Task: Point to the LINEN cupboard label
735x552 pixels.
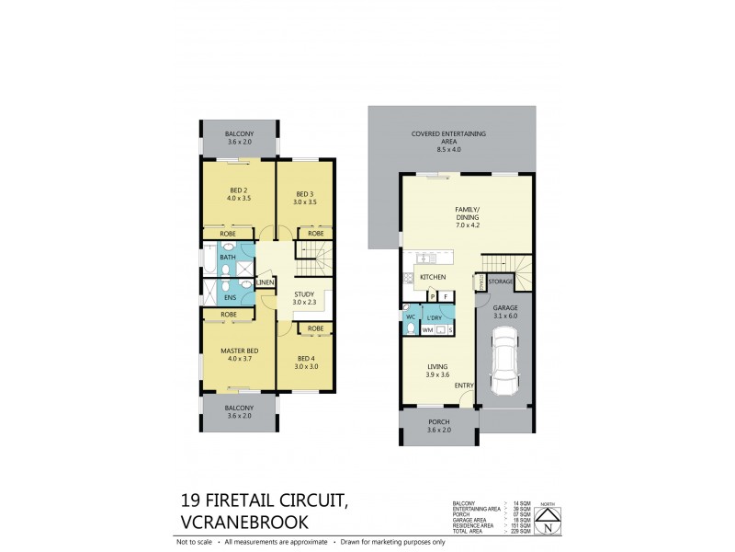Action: pyautogui.click(x=265, y=282)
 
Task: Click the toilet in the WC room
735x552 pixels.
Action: pyautogui.click(x=411, y=326)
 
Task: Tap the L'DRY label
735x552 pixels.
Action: pyautogui.click(x=435, y=316)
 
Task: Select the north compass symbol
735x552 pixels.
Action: pyautogui.click(x=548, y=525)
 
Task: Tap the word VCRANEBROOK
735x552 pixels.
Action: pyautogui.click(x=243, y=523)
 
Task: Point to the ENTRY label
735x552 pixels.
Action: pyautogui.click(x=464, y=385)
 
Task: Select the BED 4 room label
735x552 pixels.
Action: pyautogui.click(x=304, y=362)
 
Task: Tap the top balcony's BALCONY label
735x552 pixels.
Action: pyautogui.click(x=239, y=134)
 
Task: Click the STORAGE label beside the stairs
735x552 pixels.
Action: pyautogui.click(x=500, y=281)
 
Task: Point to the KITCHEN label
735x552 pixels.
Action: pyautogui.click(x=432, y=277)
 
